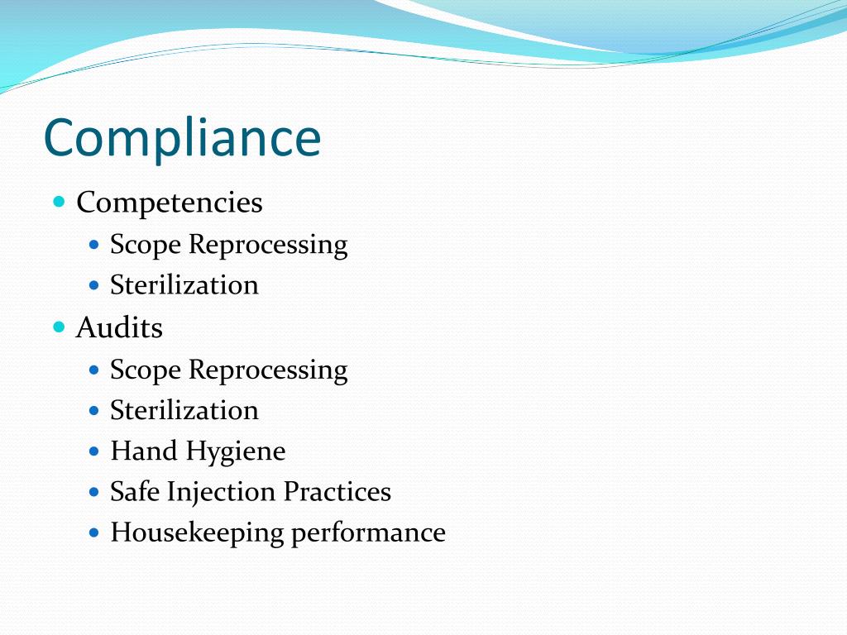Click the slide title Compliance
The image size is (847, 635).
182,139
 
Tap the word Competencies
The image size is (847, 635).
170,203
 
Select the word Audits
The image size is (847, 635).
119,328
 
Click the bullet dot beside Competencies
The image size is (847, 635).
59,202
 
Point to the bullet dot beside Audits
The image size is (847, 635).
59,327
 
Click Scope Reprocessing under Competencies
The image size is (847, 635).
228,245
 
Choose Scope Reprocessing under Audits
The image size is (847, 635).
228,370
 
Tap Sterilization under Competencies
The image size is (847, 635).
184,285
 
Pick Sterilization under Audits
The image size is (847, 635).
184,410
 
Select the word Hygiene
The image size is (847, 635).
236,452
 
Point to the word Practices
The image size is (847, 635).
337,492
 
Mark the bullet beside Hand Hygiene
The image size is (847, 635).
93,451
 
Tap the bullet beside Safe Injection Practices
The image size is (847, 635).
93,492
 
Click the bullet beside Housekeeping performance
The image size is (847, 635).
93,532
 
